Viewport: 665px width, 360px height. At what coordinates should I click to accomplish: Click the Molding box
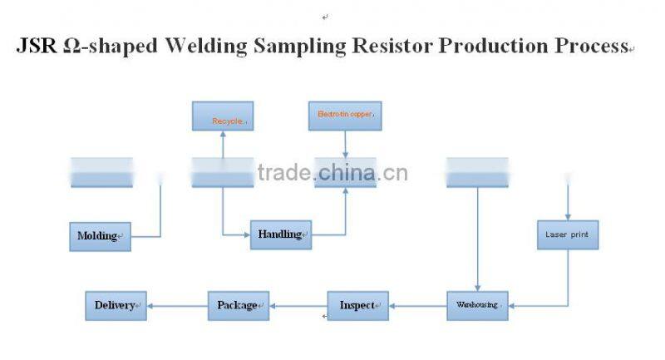click(x=99, y=236)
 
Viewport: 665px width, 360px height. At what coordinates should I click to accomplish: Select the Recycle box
click(x=223, y=116)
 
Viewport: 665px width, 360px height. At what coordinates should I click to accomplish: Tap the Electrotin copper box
click(x=345, y=116)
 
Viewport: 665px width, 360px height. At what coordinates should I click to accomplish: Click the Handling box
click(x=280, y=234)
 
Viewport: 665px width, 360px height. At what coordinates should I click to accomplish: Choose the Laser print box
click(x=567, y=235)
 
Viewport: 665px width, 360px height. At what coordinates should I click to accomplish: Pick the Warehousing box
click(x=477, y=305)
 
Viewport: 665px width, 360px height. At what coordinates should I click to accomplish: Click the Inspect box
click(x=357, y=305)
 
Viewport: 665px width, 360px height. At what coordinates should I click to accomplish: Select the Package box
click(x=238, y=305)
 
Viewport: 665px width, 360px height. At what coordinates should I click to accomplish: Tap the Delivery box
click(x=116, y=305)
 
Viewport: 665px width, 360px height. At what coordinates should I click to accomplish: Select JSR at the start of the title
click(x=37, y=47)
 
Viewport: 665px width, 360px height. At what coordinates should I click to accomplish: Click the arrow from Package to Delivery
click(x=177, y=306)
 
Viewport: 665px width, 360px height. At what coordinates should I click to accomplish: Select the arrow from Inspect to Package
click(x=298, y=306)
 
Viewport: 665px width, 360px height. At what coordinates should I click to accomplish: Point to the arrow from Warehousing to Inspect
click(x=418, y=306)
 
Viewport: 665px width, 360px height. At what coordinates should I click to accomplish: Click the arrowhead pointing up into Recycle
click(x=223, y=136)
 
